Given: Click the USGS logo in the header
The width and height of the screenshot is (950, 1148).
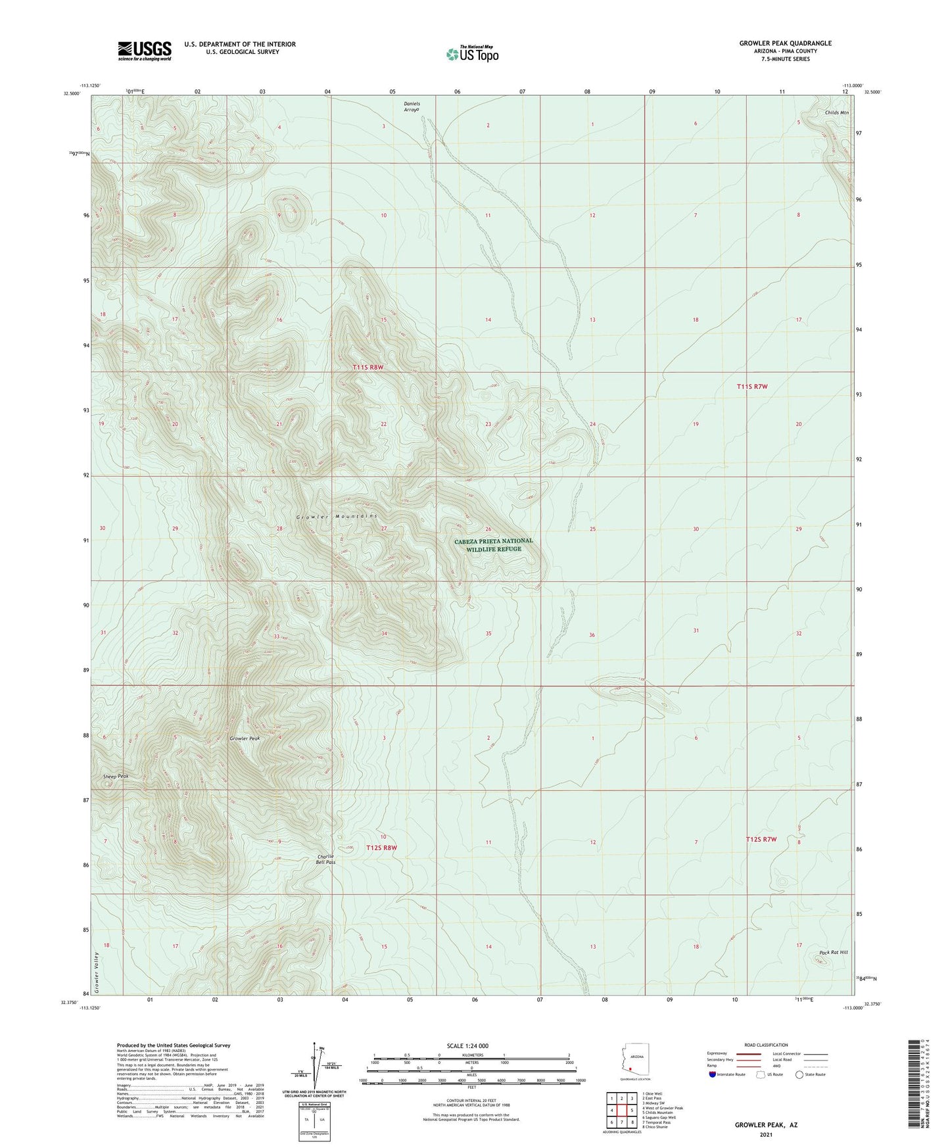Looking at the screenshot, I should (x=145, y=51).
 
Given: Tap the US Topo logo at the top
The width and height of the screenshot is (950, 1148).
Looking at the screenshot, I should (x=472, y=54).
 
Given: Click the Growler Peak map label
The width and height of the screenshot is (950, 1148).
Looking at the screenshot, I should (x=245, y=738).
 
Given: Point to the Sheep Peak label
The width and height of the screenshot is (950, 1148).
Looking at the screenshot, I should (x=115, y=777).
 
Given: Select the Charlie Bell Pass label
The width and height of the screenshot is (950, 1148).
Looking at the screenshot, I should (x=327, y=859).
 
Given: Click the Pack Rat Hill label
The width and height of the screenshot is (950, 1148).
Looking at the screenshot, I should (x=834, y=952).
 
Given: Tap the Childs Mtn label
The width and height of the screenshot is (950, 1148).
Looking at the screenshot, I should (x=837, y=113).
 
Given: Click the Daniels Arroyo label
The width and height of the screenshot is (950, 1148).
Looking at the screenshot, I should (x=412, y=107).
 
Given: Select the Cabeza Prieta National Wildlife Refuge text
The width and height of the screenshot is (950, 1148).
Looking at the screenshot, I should (x=493, y=545).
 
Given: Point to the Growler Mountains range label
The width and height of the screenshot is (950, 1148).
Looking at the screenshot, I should (x=337, y=517).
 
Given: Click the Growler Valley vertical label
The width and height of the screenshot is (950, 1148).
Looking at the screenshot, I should (x=96, y=972).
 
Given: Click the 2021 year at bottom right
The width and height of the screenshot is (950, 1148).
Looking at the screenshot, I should (x=766, y=1134).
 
